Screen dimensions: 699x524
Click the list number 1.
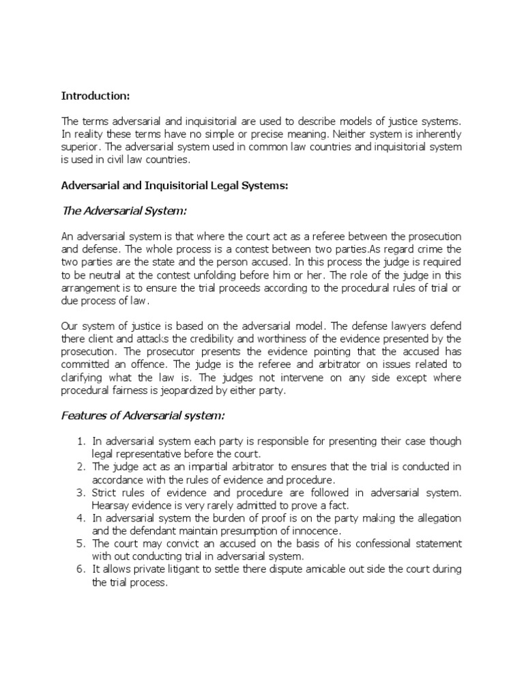click(x=79, y=440)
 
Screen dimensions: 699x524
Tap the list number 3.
click(x=79, y=492)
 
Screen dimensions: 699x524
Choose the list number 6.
click(x=79, y=570)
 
